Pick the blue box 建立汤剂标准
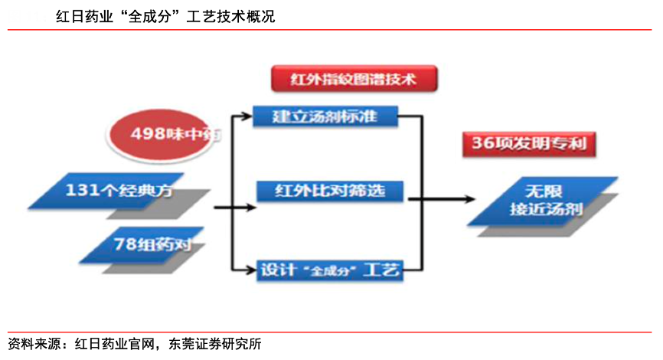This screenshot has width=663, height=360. [325, 116]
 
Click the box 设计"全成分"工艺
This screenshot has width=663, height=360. [329, 270]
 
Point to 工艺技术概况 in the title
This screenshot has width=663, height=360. [232, 17]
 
